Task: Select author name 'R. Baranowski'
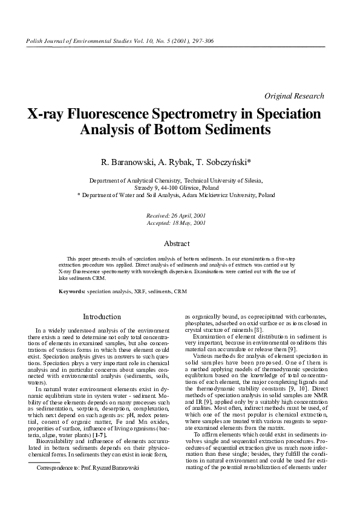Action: (x=126, y=162)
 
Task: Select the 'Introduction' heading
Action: (x=102, y=317)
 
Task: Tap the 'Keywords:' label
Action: (x=72, y=291)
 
